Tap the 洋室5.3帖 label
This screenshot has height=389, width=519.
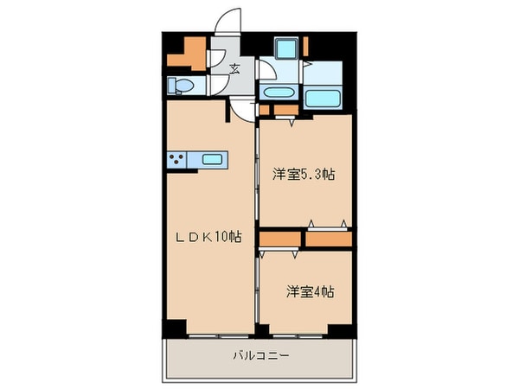304,175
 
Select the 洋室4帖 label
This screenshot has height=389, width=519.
310,292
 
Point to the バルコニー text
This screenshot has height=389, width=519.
259,355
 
